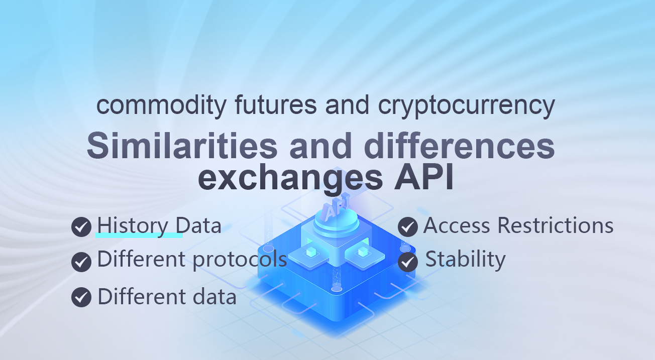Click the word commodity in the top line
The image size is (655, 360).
(162, 105)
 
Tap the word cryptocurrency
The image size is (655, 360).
(467, 106)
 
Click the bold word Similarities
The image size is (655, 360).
(182, 145)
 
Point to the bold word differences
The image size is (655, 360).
(460, 145)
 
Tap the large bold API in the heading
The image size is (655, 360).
(424, 177)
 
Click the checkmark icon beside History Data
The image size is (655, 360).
(81, 227)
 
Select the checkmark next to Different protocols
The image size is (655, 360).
(81, 262)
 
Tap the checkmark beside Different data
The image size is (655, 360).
(81, 297)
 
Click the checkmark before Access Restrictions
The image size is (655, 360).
(408, 227)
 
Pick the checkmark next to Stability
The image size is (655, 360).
(408, 262)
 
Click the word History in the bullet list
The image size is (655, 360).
(133, 226)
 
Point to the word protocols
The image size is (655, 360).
(240, 260)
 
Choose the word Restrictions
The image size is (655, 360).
(555, 225)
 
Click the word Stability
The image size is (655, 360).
(465, 260)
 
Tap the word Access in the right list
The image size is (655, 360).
(457, 225)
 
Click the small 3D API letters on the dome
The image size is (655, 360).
(336, 207)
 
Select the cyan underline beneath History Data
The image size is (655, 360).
(139, 235)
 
